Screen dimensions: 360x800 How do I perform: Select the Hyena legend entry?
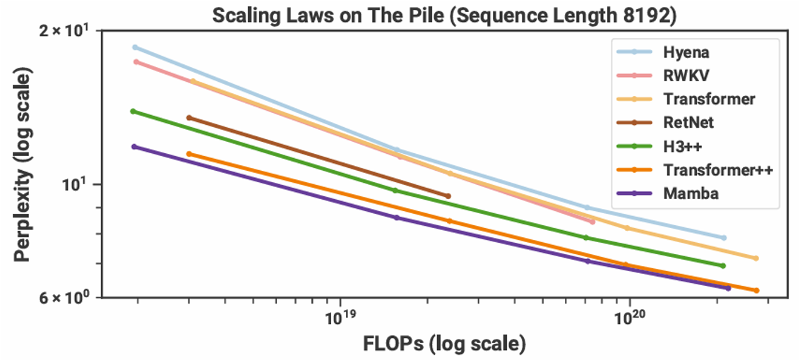(x=686, y=52)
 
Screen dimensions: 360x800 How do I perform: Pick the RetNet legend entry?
(x=688, y=122)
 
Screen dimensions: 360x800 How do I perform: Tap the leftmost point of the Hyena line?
(x=135, y=47)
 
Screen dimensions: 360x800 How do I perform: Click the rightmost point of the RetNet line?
(x=448, y=196)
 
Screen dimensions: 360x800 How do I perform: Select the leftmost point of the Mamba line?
(x=134, y=146)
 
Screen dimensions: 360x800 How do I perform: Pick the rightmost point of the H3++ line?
(x=722, y=265)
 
